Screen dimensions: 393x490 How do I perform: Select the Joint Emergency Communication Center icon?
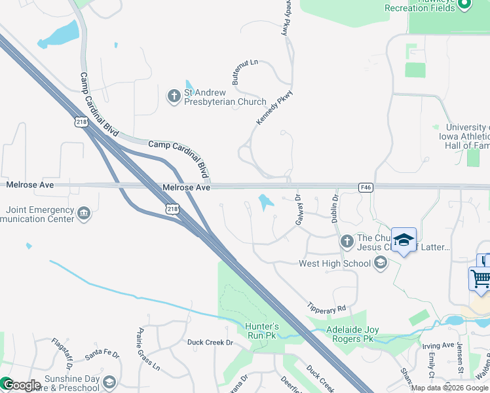click(x=84, y=214)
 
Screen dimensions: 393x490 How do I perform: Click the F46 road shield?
click(x=366, y=187)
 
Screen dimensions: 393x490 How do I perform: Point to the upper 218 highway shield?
click(x=81, y=122)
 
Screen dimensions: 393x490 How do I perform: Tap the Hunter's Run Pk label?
click(x=261, y=331)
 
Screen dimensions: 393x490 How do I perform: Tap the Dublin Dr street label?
click(x=335, y=208)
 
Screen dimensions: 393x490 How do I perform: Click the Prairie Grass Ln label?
click(x=148, y=349)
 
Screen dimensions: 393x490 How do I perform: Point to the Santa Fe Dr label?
click(x=103, y=354)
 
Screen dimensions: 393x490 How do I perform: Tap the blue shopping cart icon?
click(x=480, y=278)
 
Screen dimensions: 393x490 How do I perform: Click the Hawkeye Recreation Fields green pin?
click(x=465, y=5)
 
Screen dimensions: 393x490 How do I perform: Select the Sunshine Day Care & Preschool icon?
click(x=109, y=383)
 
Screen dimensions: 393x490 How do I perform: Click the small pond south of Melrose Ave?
click(x=265, y=202)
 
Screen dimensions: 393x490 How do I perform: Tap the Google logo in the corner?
click(x=21, y=385)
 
